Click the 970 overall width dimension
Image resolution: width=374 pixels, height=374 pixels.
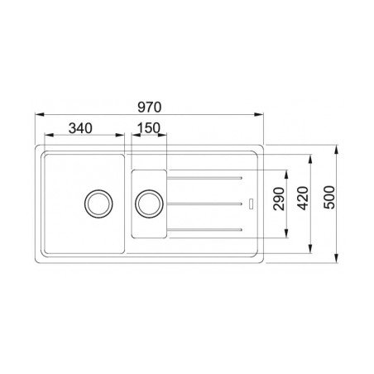(148, 106)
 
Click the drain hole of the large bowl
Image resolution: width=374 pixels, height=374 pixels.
(98, 201)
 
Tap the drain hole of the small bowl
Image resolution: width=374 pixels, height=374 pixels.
(149, 201)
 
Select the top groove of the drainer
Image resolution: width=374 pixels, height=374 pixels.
(207, 176)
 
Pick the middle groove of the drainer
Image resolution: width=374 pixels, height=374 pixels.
(207, 202)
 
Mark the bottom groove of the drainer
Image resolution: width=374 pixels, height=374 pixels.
(207, 228)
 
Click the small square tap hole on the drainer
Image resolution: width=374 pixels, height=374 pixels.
(253, 202)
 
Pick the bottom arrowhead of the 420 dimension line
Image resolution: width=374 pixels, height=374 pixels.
(312, 250)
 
